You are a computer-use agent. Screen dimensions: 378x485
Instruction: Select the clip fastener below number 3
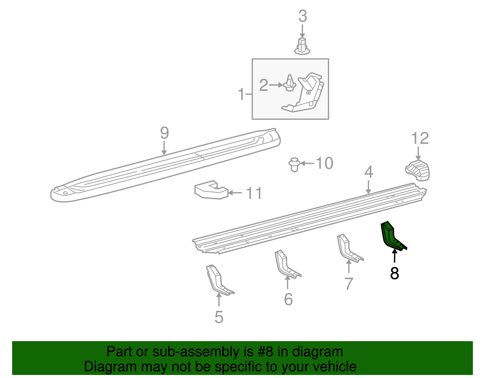[302, 47]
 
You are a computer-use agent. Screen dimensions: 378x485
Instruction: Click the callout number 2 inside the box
[263, 85]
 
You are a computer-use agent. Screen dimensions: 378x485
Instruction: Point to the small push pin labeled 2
[290, 84]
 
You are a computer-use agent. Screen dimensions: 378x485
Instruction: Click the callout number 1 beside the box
[241, 94]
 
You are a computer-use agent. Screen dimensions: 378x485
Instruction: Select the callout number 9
[164, 133]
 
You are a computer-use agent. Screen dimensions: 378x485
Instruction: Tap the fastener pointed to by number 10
[294, 164]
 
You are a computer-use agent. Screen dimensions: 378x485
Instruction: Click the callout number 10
[325, 163]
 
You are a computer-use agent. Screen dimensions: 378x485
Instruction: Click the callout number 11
[254, 193]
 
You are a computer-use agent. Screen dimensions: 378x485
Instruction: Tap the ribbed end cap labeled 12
[418, 171]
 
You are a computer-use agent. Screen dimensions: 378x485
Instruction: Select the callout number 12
[420, 139]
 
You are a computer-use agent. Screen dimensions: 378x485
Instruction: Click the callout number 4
[368, 172]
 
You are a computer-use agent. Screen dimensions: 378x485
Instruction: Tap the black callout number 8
[394, 273]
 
